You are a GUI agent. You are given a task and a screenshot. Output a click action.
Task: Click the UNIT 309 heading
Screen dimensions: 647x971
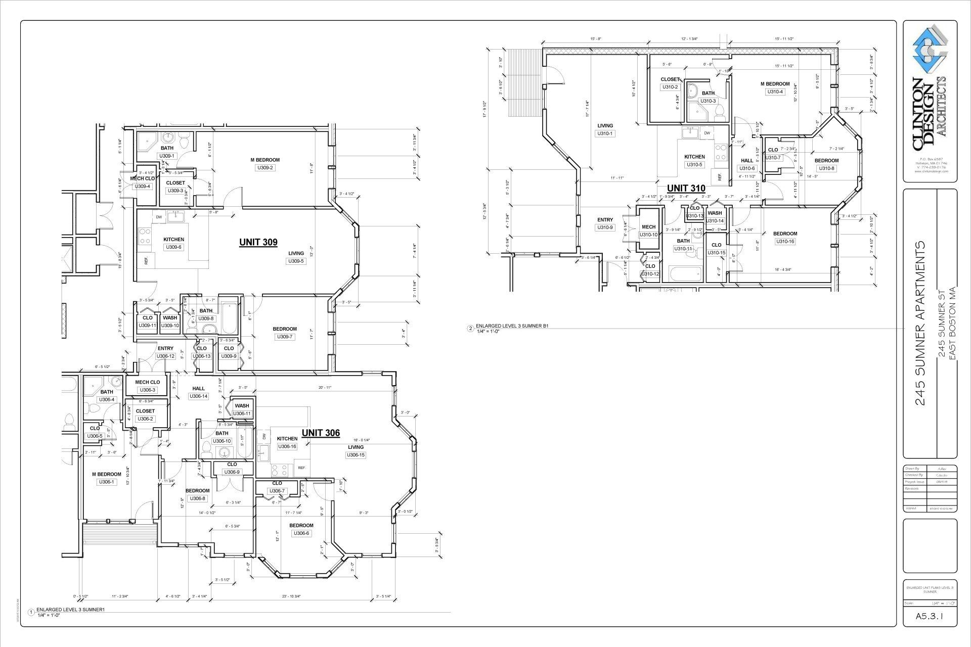pyautogui.click(x=258, y=242)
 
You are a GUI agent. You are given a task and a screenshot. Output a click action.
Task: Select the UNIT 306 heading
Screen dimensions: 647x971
pyautogui.click(x=321, y=433)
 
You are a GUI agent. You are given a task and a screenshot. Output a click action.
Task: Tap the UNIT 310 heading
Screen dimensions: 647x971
pyautogui.click(x=686, y=189)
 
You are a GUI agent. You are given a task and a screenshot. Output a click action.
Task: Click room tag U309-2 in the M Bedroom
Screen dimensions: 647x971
pyautogui.click(x=265, y=168)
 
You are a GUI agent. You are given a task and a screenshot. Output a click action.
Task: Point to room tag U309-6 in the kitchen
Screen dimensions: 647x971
pyautogui.click(x=173, y=247)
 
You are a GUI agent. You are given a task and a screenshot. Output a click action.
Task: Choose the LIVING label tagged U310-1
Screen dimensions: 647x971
pyautogui.click(x=605, y=126)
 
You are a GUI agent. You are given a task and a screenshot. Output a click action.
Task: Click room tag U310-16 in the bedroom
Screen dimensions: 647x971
pyautogui.click(x=785, y=242)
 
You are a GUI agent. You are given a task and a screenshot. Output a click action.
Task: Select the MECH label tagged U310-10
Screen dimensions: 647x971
pyautogui.click(x=648, y=227)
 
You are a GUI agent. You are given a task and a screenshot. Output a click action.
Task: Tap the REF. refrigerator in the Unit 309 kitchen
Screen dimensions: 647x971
pyautogui.click(x=146, y=261)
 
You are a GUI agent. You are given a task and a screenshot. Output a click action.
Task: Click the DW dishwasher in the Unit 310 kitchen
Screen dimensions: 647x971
pyautogui.click(x=707, y=133)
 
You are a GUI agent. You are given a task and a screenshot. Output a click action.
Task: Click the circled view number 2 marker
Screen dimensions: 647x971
pyautogui.click(x=471, y=329)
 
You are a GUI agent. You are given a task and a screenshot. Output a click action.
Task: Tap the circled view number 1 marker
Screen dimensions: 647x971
pyautogui.click(x=31, y=613)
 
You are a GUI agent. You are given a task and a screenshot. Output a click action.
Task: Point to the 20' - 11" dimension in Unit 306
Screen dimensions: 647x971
pyautogui.click(x=325, y=388)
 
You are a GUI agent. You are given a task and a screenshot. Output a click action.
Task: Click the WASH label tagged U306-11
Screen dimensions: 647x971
pyautogui.click(x=242, y=405)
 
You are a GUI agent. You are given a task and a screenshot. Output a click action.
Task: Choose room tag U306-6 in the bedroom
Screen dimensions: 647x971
pyautogui.click(x=301, y=533)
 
